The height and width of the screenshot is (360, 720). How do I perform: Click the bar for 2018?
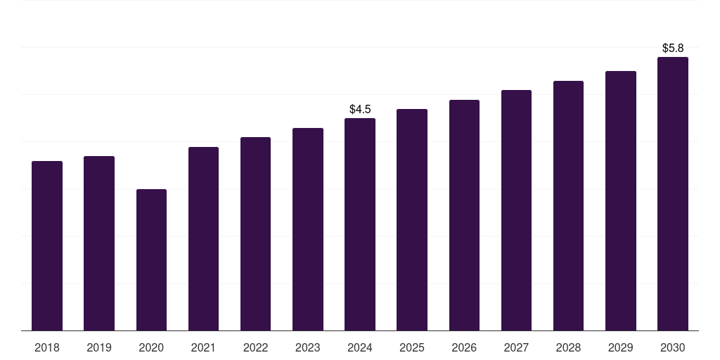coord(47,246)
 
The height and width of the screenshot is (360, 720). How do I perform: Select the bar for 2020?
coord(151,260)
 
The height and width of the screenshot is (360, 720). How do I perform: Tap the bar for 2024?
coord(360,225)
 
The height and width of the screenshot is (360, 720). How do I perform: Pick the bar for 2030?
coord(673,194)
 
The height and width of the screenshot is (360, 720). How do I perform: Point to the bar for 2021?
coord(203,239)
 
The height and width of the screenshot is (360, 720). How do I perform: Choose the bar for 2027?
coord(516,211)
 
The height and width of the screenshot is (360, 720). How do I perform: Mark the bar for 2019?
coord(99,243)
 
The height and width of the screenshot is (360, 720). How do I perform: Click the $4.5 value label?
coord(360,110)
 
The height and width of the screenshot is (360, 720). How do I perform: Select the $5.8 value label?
coord(673,49)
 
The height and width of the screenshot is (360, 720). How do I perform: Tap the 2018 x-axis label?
coord(47,347)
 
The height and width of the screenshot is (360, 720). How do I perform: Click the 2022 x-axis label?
coord(255,347)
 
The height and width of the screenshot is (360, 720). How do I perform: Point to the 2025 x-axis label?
coord(412,347)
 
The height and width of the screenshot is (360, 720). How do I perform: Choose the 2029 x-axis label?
coord(621,347)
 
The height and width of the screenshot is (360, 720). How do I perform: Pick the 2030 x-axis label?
coord(673,347)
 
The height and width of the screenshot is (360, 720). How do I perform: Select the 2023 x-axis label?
coord(308,347)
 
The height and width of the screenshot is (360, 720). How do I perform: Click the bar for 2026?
coord(464,215)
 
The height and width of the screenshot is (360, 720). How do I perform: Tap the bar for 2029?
coord(621,201)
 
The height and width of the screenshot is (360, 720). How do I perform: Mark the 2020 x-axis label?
coord(151,347)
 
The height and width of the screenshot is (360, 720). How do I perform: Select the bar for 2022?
coord(255,234)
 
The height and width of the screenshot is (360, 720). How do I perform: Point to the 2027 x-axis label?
coord(516,347)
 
